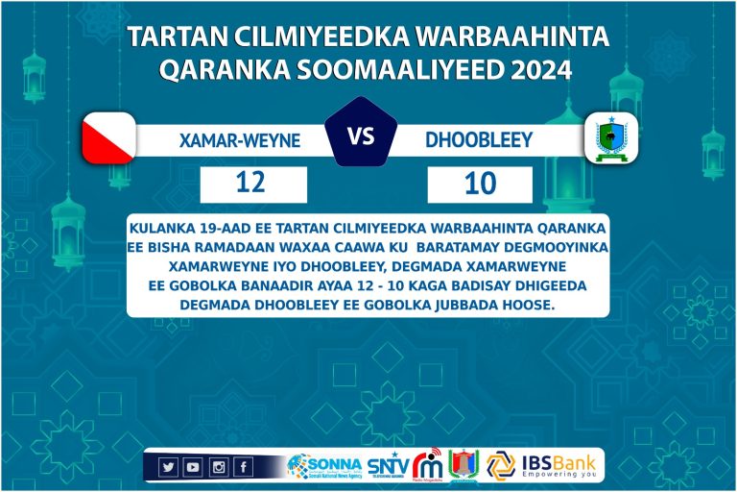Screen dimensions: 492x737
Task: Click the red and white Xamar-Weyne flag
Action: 108,138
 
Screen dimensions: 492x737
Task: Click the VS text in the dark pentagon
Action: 361,136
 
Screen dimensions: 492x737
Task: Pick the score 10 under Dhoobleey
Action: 478,184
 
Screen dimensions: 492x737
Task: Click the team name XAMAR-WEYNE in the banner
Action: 240,140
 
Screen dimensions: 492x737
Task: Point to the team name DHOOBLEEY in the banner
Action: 479,140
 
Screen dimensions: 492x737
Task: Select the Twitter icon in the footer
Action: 169,467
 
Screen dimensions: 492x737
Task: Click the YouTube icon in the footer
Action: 193,467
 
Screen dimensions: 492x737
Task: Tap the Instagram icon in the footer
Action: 219,467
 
